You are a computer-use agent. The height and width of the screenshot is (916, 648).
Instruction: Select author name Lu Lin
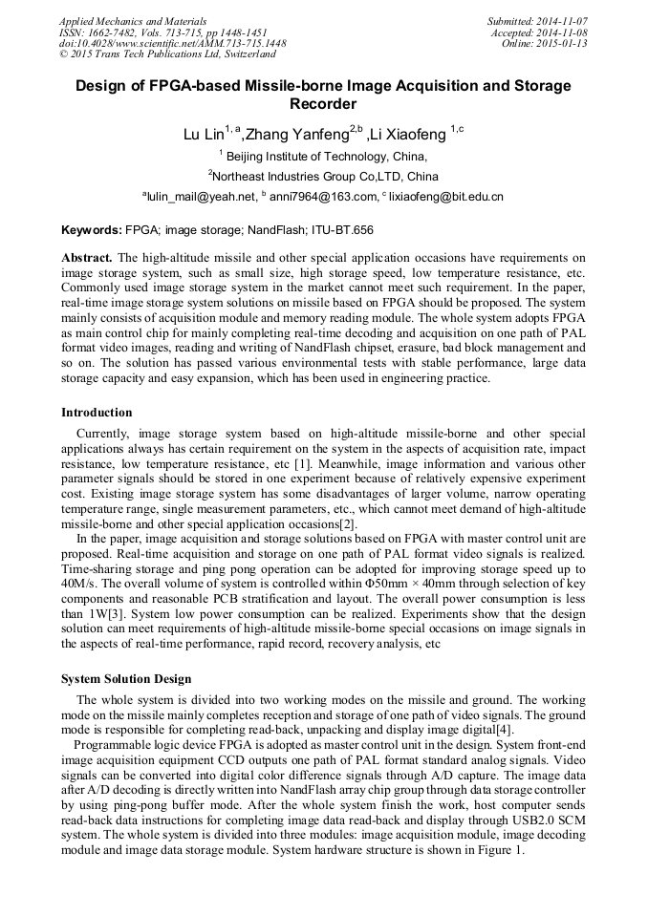pyautogui.click(x=204, y=135)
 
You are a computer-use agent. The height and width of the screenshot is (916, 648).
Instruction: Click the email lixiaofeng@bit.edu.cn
pyautogui.click(x=445, y=197)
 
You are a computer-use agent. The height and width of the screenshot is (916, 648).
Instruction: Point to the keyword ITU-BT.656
pyautogui.click(x=337, y=230)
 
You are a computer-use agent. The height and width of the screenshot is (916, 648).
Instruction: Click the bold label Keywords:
pyautogui.click(x=92, y=230)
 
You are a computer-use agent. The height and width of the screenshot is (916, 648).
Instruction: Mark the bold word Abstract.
pyautogui.click(x=87, y=258)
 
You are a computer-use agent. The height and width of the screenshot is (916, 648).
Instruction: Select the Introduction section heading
pyautogui.click(x=97, y=413)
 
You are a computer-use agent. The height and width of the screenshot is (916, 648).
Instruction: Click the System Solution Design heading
pyautogui.click(x=126, y=679)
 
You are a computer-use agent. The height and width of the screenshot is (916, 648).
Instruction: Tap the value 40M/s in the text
pyautogui.click(x=78, y=584)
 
